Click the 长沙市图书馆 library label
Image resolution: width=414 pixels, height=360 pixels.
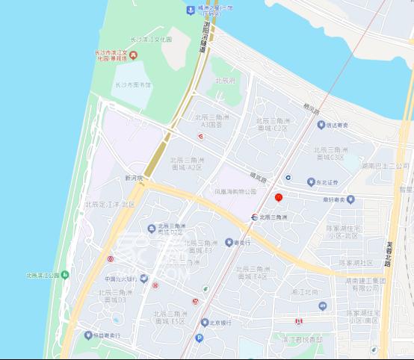pos(132,85)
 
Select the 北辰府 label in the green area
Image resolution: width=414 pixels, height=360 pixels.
pos(224,80)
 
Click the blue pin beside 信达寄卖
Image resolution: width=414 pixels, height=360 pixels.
pos(321,125)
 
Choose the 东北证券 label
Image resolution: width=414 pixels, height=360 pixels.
pos(329,182)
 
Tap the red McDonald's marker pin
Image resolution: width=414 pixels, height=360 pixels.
pos(278,198)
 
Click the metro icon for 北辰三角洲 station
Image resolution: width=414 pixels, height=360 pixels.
pos(255,217)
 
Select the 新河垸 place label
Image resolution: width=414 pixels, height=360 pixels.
pos(134,179)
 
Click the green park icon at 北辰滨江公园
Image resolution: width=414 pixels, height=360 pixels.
pos(65,275)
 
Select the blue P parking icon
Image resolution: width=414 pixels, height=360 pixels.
pos(199,338)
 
